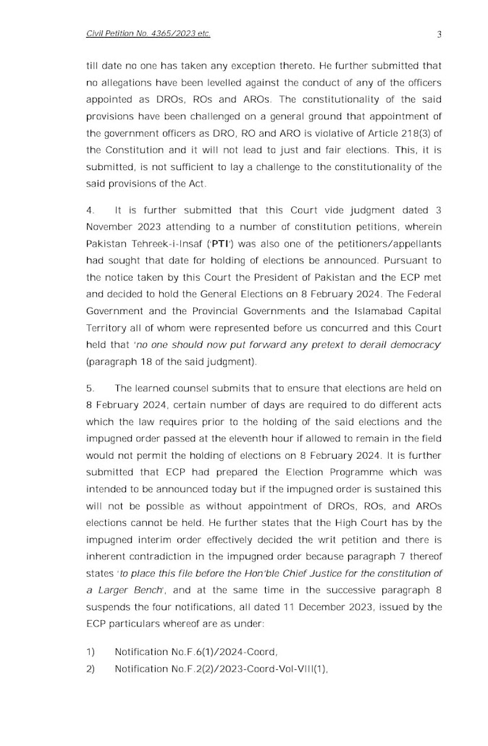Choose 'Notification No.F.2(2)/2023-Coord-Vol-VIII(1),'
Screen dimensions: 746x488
click(x=211, y=669)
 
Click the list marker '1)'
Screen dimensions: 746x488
click(x=91, y=652)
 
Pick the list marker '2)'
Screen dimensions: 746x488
click(x=91, y=669)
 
